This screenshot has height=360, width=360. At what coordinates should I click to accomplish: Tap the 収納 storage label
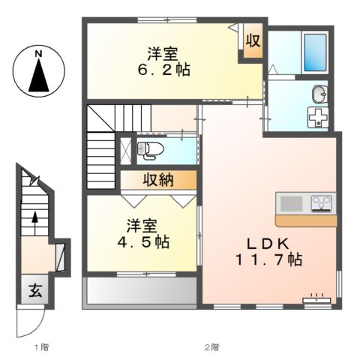(x=159, y=181)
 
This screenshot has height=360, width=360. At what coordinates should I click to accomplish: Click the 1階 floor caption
(x=41, y=347)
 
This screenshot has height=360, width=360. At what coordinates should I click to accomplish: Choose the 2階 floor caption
(x=212, y=347)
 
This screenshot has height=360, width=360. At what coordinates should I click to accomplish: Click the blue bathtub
(x=314, y=52)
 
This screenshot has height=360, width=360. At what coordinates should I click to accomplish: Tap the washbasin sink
(x=318, y=94)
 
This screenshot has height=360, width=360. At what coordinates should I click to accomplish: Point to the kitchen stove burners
(x=322, y=203)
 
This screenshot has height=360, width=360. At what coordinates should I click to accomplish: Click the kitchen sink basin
(x=290, y=203)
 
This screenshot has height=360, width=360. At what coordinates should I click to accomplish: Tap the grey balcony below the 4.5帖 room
(x=140, y=292)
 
